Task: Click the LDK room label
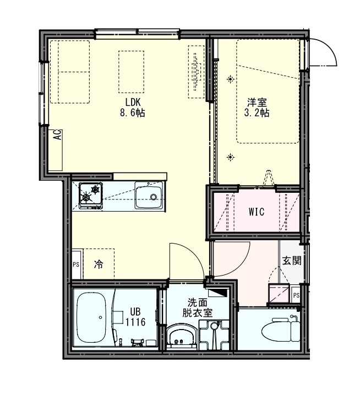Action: [x=133, y=102]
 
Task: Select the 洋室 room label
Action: [x=257, y=102]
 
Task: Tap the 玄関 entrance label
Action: [x=292, y=261]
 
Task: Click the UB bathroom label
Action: [x=135, y=311]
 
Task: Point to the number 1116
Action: [x=135, y=322]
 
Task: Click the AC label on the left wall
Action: [x=57, y=135]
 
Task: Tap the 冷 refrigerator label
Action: [x=98, y=265]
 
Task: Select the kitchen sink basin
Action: [x=149, y=197]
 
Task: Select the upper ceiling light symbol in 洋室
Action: [x=231, y=79]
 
